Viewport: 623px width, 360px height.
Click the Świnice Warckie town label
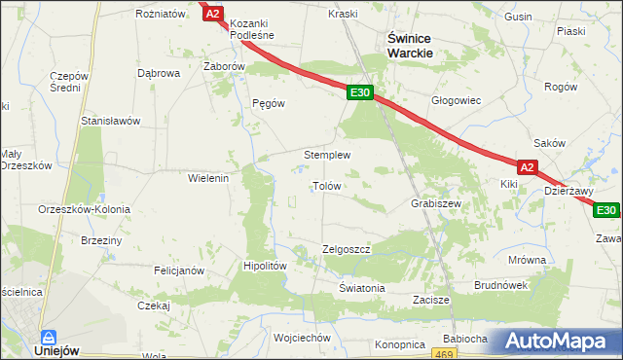(x=410, y=45)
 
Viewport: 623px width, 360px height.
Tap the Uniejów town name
(x=57, y=350)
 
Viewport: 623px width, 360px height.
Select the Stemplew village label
(x=327, y=155)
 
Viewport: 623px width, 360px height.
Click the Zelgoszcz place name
(x=347, y=249)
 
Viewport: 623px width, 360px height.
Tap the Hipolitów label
(x=265, y=266)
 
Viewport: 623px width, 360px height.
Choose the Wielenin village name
(x=207, y=178)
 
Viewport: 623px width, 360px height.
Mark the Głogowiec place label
(x=457, y=100)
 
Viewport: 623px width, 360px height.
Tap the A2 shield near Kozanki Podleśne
(x=213, y=14)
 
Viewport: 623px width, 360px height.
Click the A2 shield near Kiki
(x=527, y=167)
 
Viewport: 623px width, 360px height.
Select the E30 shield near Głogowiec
(x=359, y=92)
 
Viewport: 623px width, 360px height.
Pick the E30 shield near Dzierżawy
(x=606, y=210)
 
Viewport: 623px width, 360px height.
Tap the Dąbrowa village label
(x=159, y=73)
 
